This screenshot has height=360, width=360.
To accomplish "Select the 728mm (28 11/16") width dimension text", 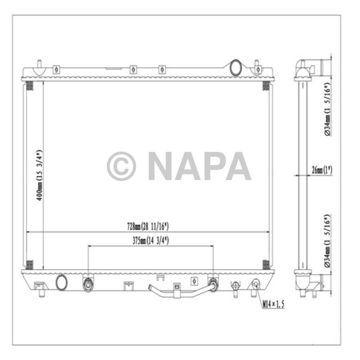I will click(x=148, y=226).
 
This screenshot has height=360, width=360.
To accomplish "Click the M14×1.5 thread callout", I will click(x=273, y=304).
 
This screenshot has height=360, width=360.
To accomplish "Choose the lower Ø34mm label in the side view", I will click(x=328, y=241).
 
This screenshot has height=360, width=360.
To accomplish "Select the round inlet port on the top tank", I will click(x=236, y=67).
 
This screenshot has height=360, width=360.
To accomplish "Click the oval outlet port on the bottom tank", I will click(x=62, y=281).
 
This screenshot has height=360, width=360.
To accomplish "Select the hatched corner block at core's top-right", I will click(x=266, y=85).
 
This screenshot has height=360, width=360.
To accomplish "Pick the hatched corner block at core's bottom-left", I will click(x=29, y=264).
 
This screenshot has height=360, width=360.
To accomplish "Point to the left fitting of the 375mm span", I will click(x=88, y=283).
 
